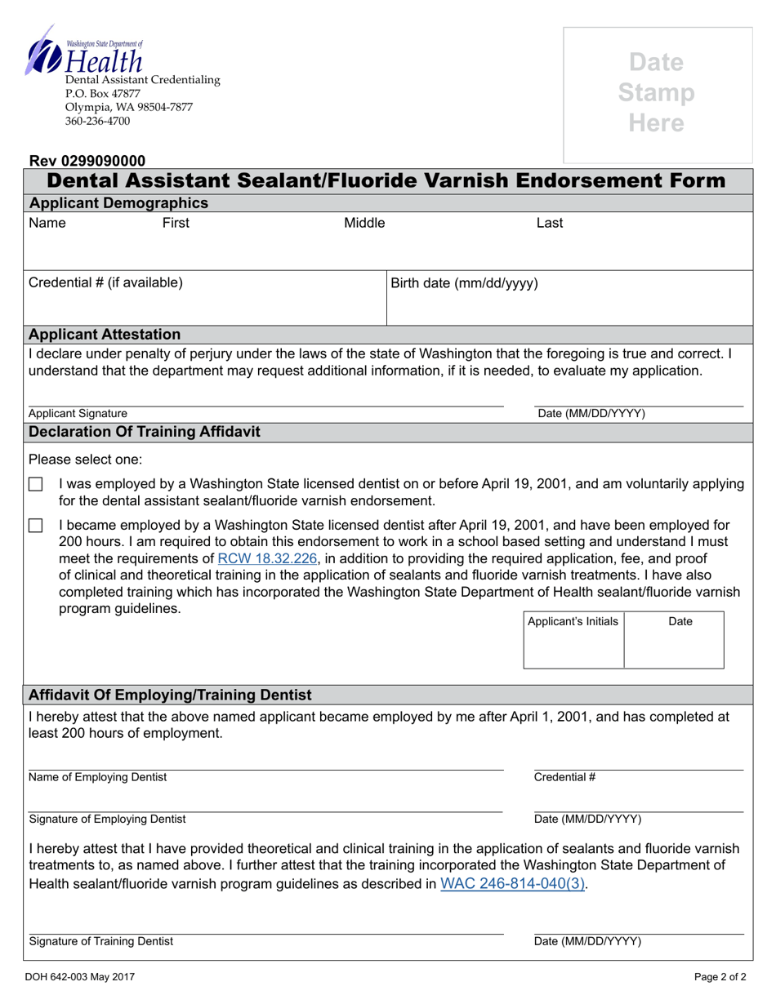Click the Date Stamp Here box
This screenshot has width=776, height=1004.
point(657,94)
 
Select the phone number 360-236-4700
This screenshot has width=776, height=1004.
point(97,122)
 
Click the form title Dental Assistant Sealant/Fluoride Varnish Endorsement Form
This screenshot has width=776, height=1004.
point(386,180)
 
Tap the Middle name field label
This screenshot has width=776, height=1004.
point(364,223)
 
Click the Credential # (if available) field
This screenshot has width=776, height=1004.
point(204,299)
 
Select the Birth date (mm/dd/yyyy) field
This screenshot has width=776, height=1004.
point(568,299)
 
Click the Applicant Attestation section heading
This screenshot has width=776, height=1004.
point(105,334)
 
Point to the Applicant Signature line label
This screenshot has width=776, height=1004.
point(78,414)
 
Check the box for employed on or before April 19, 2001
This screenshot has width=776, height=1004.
point(35,485)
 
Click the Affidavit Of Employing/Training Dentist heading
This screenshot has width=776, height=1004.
point(170,695)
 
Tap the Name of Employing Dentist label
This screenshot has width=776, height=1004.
point(97,777)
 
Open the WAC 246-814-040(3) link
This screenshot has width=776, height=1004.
point(512,883)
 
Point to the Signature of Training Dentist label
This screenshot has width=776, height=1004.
point(100,941)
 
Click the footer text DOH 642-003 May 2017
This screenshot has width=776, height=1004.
point(82,976)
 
